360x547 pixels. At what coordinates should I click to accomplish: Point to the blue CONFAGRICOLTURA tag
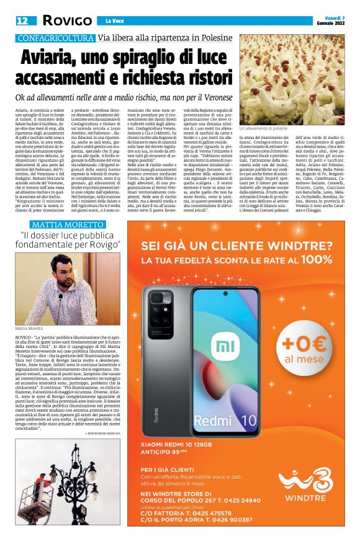56,38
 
